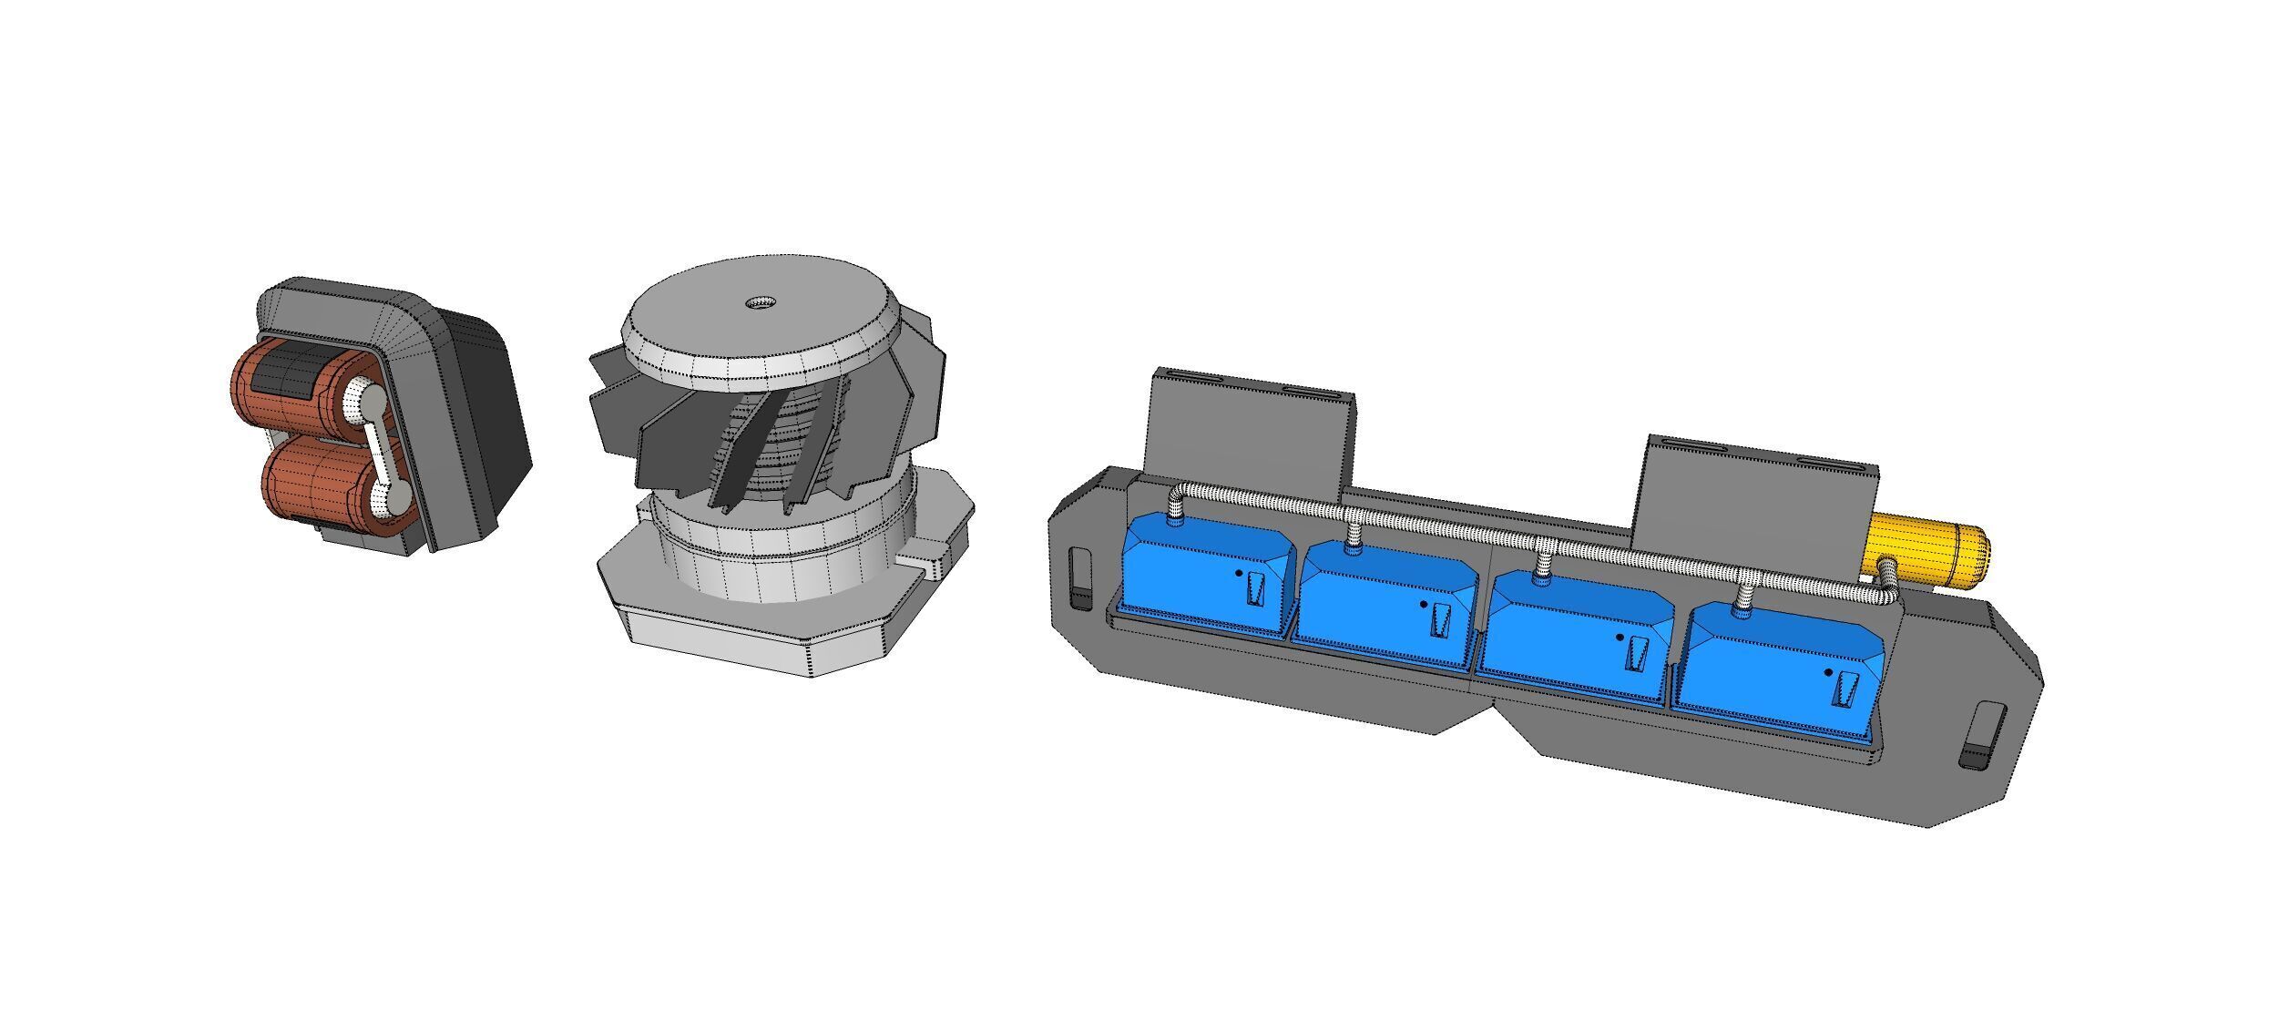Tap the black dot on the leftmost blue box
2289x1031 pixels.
point(1239,574)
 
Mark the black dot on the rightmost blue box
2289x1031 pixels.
point(1828,673)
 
